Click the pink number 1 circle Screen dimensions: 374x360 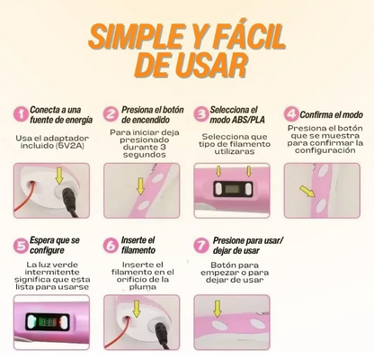point(22,114)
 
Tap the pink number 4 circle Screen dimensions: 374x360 point(291,114)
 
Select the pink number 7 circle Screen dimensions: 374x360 point(201,246)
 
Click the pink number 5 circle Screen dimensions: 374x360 point(22,246)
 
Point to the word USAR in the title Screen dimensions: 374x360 point(209,66)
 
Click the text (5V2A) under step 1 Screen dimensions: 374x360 point(72,146)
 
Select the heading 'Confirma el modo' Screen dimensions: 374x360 point(331,114)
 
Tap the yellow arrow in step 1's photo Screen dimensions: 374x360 point(59,176)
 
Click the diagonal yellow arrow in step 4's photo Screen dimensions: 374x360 point(307,191)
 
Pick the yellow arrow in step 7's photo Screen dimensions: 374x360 point(218,309)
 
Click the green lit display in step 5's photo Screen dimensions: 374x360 point(48,322)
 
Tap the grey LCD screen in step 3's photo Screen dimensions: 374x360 point(231,189)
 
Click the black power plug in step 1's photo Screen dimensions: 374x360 point(70,200)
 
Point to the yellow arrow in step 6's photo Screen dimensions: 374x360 point(137,309)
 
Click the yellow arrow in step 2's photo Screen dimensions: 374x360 point(140,186)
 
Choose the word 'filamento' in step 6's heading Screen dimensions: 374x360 point(138,250)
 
